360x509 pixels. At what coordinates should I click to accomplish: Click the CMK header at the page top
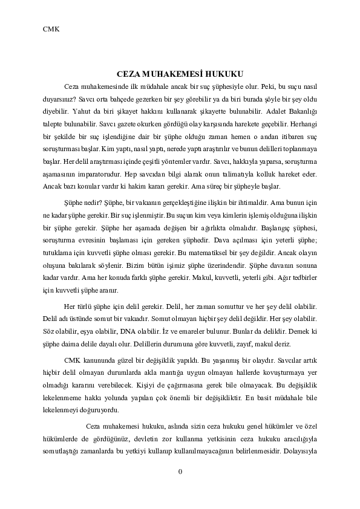point(51,28)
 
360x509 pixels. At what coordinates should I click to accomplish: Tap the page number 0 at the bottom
point(180,472)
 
